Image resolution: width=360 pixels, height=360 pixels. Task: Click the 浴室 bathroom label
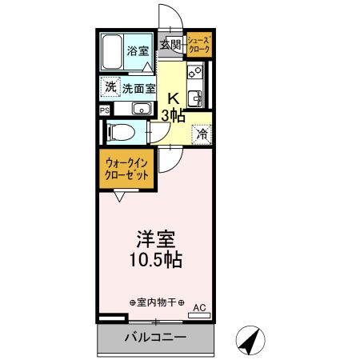click(138, 51)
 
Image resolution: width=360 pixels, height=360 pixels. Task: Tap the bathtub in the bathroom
click(113, 53)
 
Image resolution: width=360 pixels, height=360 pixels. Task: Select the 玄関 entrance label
click(170, 45)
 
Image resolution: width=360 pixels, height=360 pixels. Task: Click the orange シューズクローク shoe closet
click(199, 44)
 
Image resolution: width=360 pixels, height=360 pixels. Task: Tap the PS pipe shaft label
click(104, 110)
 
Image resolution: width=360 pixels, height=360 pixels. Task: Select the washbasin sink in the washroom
click(141, 110)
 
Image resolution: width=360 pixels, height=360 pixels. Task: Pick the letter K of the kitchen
click(171, 99)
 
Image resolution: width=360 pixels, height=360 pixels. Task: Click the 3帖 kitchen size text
click(173, 115)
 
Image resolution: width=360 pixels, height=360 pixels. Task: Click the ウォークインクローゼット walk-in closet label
click(126, 170)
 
